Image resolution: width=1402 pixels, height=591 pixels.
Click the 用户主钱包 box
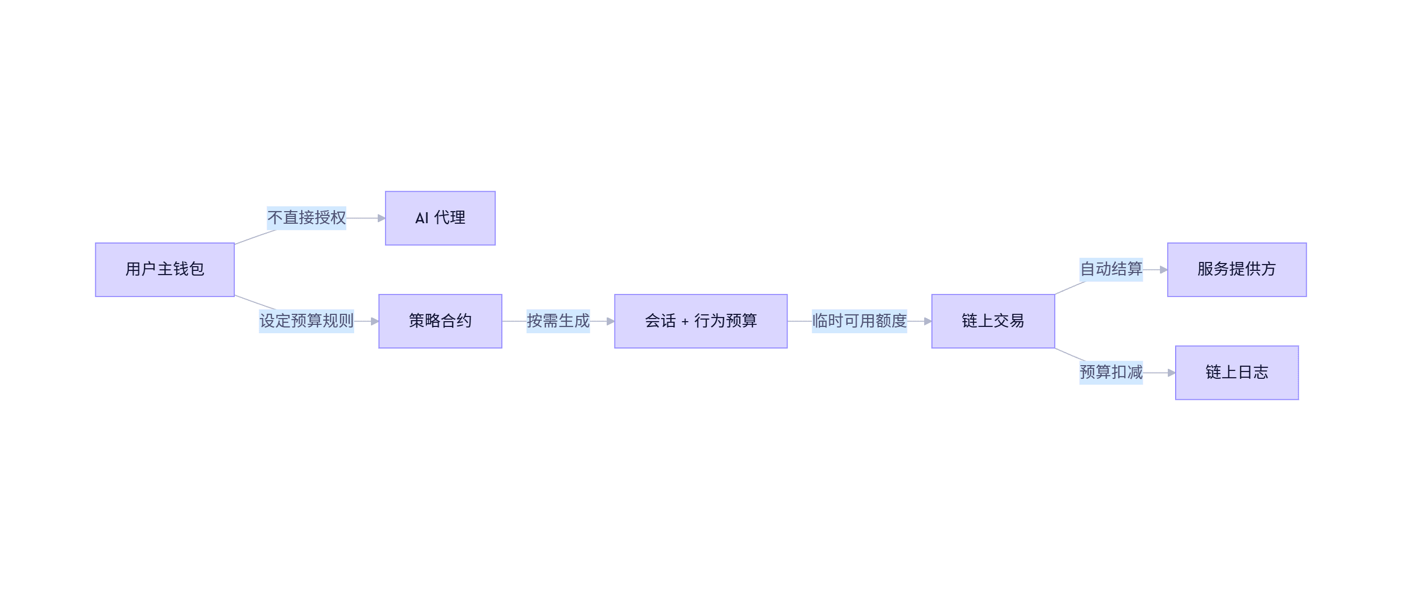click(165, 269)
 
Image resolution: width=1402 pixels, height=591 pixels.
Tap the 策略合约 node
click(440, 321)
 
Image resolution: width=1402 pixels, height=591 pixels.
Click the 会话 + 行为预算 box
click(700, 321)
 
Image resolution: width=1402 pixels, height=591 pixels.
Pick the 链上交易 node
click(993, 321)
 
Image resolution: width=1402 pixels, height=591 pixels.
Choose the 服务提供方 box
click(1236, 269)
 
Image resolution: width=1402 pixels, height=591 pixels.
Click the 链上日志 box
click(1236, 373)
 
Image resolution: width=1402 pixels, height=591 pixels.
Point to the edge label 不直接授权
click(306, 217)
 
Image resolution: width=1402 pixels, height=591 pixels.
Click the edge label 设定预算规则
click(306, 321)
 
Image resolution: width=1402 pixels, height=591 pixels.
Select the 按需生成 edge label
click(558, 321)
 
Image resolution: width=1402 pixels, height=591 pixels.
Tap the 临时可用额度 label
click(859, 321)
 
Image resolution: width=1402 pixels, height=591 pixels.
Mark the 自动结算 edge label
click(1111, 269)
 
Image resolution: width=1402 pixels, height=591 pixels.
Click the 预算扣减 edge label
click(1111, 373)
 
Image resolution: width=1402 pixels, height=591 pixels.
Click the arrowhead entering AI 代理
click(381, 218)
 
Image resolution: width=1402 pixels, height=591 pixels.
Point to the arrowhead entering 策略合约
click(375, 322)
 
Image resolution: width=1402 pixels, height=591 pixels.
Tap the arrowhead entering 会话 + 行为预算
click(611, 322)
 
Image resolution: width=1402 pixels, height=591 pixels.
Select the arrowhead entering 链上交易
click(928, 322)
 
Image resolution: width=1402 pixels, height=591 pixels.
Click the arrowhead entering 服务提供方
click(1164, 270)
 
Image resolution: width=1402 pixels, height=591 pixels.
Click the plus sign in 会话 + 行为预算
click(685, 322)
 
